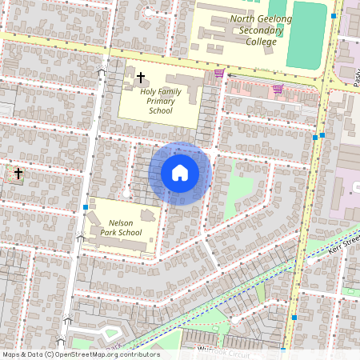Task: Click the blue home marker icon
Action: (179, 173)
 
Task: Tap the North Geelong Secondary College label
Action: (257, 30)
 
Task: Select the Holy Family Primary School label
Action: (161, 101)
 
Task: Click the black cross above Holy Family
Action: (141, 78)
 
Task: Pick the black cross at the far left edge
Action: (18, 173)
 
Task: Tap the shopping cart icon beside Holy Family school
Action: (219, 74)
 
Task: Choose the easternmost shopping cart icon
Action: (278, 89)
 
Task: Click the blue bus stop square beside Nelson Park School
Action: (85, 207)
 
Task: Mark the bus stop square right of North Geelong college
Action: (333, 15)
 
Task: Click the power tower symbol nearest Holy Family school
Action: (102, 73)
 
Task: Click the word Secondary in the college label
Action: (257, 30)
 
